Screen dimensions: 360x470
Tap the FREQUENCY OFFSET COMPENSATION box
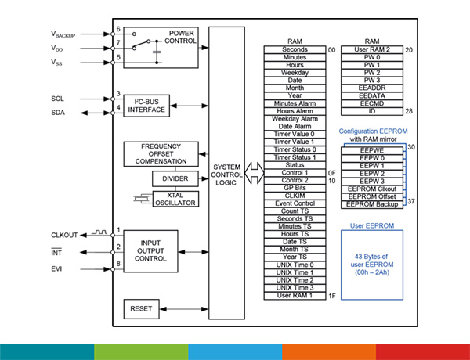(x=161, y=153)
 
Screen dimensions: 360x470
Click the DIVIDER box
(x=175, y=178)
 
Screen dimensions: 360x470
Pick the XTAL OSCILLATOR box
(x=175, y=199)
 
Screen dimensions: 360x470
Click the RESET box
(x=142, y=309)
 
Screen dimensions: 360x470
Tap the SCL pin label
(x=57, y=99)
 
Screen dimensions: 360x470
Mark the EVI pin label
(x=57, y=268)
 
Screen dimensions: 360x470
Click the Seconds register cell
(x=295, y=50)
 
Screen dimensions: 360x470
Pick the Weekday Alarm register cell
(x=295, y=118)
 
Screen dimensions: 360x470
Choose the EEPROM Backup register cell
(x=374, y=204)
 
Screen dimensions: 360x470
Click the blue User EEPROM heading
(x=374, y=225)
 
